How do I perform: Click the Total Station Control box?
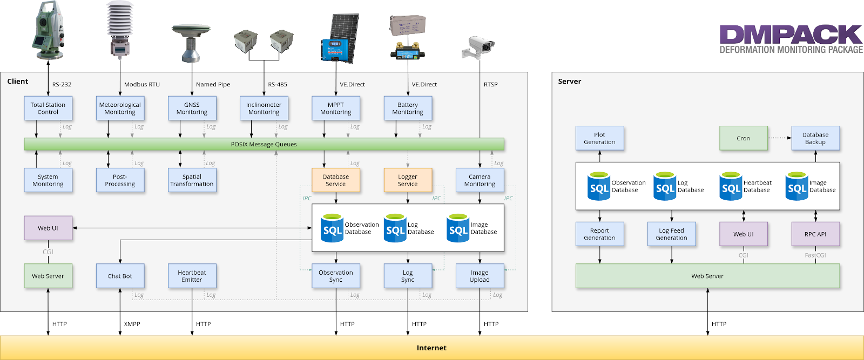pos(48,108)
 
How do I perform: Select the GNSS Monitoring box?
pos(192,108)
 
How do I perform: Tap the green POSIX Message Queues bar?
pos(264,144)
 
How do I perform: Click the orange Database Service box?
pos(336,180)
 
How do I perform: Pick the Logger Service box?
pos(408,180)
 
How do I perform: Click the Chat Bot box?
pos(120,276)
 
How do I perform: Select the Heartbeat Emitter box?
pos(192,276)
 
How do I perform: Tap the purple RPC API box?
pos(815,234)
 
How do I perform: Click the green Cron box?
pos(744,138)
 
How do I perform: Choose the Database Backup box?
pos(815,138)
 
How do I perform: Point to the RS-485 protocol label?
pos(278,85)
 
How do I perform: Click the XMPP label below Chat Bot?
pos(132,324)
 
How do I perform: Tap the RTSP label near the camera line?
pos(491,85)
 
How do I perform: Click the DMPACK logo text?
pos(791,35)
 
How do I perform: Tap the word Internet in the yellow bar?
pos(431,348)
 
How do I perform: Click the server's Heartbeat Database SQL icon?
pos(731,186)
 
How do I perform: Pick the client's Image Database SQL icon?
pos(458,228)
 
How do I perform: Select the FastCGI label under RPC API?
pos(815,255)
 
